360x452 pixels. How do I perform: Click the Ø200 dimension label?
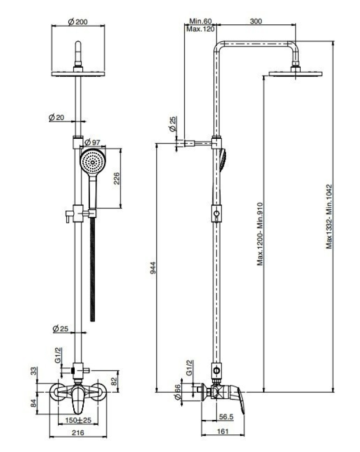[78, 22]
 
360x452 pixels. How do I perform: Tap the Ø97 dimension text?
[92, 142]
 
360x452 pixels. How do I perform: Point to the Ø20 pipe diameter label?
[57, 118]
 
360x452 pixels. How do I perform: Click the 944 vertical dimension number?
[153, 268]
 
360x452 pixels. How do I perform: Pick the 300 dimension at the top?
[256, 21]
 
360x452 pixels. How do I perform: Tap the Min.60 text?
[200, 21]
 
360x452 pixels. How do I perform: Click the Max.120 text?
[200, 29]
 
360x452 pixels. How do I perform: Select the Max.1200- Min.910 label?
[260, 234]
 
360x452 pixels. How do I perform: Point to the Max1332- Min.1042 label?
[329, 217]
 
